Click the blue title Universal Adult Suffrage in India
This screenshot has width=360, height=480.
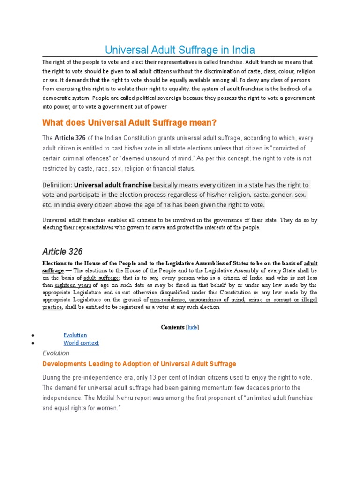tap(180, 50)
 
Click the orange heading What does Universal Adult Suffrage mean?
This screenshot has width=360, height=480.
tap(129, 123)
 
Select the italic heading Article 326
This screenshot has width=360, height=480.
tap(62, 252)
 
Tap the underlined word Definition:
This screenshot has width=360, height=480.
tap(57, 185)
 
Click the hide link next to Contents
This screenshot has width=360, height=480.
tap(192, 327)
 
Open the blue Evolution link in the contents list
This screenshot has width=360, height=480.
tap(75, 335)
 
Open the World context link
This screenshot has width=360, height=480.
tap(81, 343)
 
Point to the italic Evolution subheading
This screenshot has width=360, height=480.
tap(56, 353)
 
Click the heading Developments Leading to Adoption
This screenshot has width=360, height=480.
tap(139, 364)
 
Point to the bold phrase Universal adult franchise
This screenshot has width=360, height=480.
tap(112, 185)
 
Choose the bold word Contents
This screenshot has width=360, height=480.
tap(172, 327)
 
